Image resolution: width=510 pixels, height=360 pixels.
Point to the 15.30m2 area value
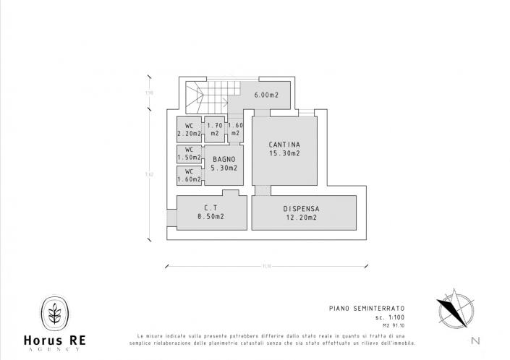point(284,153)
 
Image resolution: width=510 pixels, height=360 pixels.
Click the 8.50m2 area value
point(211,216)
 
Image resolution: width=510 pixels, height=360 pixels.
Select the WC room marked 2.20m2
point(190,129)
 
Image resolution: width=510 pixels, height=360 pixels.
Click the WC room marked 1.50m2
point(190,153)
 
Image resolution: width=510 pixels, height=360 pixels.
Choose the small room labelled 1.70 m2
point(214,129)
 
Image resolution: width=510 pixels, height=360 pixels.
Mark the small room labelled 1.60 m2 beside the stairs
point(235,129)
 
